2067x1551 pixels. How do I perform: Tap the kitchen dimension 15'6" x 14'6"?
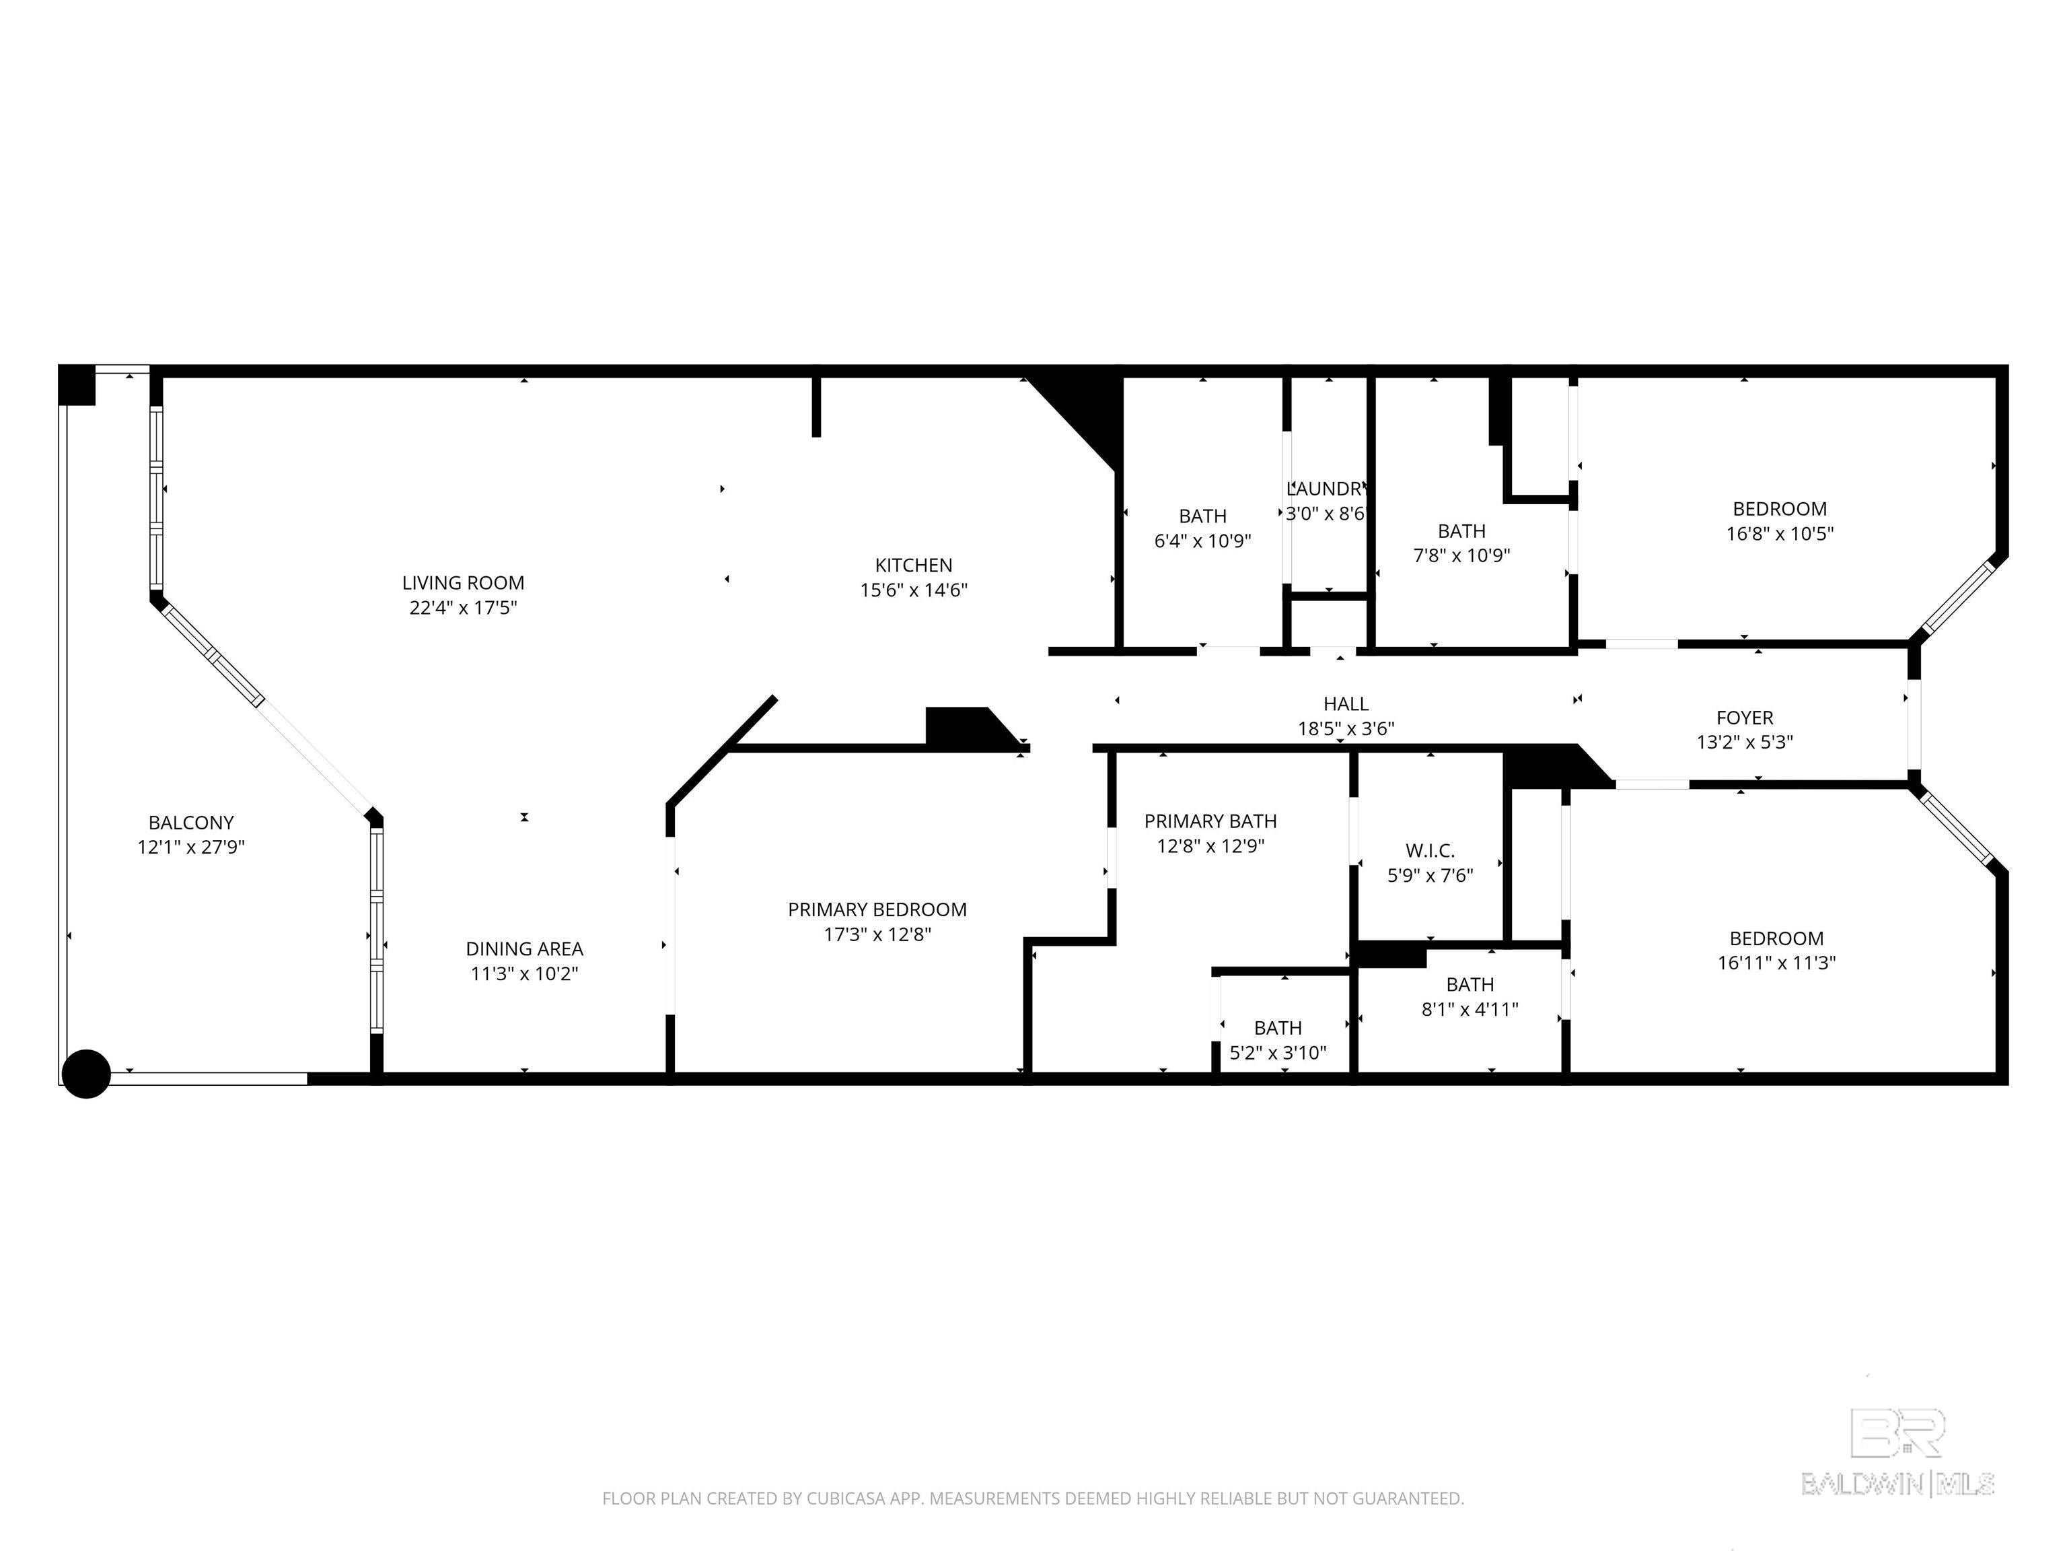(913, 590)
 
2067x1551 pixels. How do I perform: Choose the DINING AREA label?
(524, 949)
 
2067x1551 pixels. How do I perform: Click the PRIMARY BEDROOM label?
(877, 909)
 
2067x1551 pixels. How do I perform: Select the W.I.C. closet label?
(1430, 851)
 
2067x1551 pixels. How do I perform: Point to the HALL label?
(1346, 704)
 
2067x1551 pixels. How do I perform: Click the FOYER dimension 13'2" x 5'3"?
(1745, 743)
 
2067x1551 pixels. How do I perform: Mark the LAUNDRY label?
(1326, 489)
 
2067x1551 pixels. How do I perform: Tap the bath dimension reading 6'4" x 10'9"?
(1202, 541)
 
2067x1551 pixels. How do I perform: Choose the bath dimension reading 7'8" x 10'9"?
(1461, 555)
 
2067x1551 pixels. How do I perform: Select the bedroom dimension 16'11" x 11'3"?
(1776, 963)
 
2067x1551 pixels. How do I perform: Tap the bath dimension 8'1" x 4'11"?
(1470, 1010)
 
